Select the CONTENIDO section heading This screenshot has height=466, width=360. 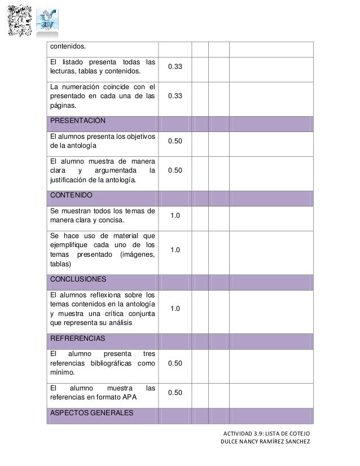pyautogui.click(x=71, y=195)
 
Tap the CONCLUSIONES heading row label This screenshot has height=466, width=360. pyautogui.click(x=78, y=279)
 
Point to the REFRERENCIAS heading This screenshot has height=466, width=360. pyautogui.click(x=77, y=338)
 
